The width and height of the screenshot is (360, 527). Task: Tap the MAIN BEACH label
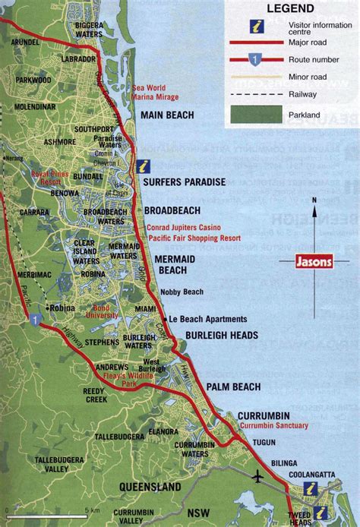(x=167, y=115)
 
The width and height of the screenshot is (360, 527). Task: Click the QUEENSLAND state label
(x=150, y=487)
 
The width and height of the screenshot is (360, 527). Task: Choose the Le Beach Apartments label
(x=207, y=319)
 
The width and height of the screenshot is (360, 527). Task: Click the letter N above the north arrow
(x=313, y=201)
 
